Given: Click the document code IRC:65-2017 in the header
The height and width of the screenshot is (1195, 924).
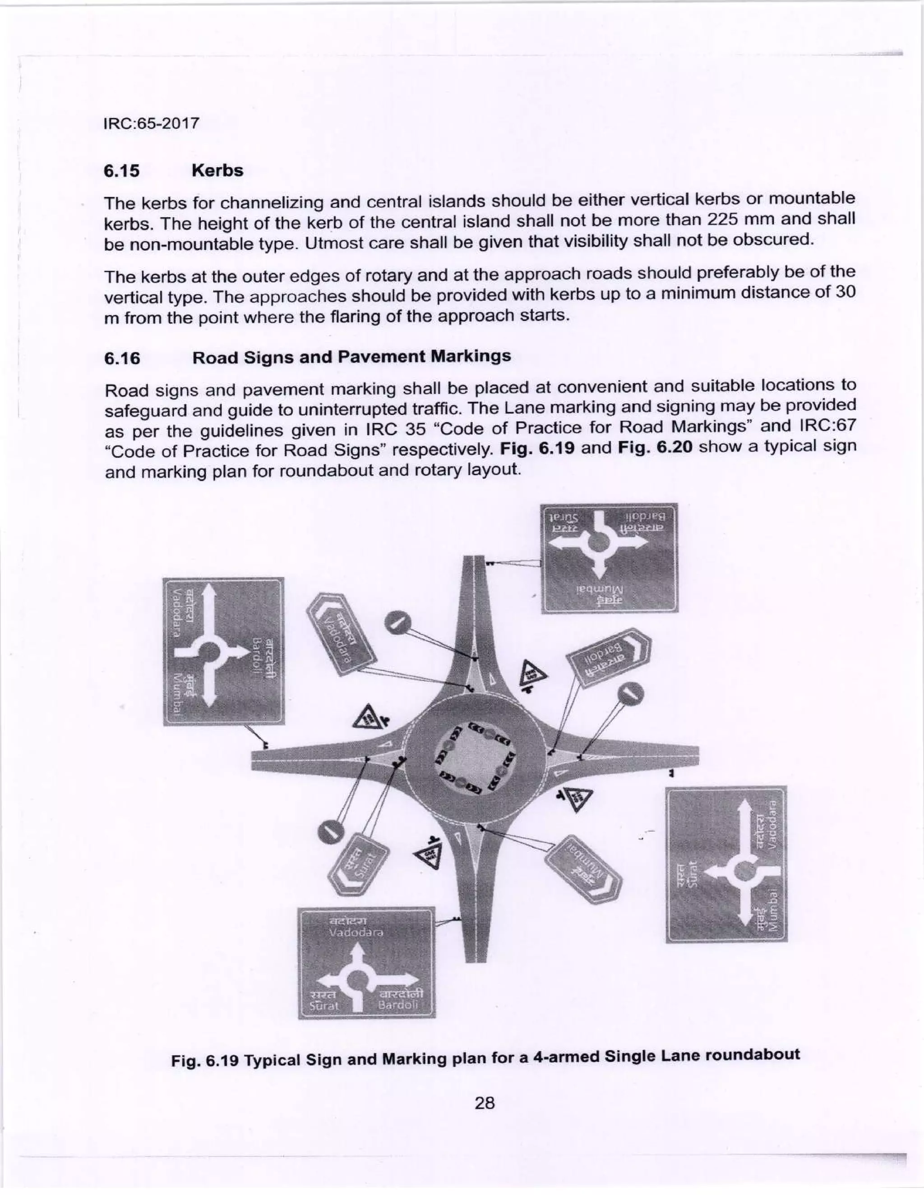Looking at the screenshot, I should point(151,123).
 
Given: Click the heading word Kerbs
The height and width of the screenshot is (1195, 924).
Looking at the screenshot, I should point(217,171).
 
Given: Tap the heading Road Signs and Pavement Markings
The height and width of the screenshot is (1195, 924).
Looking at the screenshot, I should point(351,357).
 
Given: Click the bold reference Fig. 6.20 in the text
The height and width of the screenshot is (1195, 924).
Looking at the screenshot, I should point(655,448).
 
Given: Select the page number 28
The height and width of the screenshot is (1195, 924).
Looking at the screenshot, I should point(485,1103).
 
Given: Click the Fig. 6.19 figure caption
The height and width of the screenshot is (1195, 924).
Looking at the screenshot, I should point(485,1058).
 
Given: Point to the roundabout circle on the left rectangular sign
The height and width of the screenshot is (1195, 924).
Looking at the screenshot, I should point(208,652).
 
